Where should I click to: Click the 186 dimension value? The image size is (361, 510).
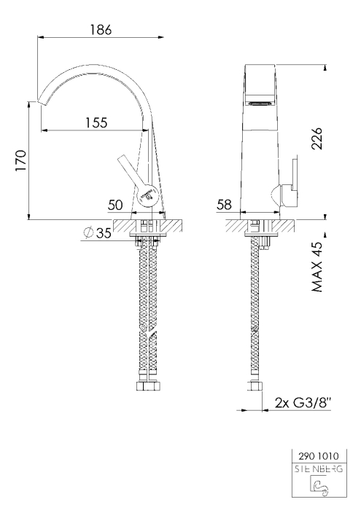click(101, 30)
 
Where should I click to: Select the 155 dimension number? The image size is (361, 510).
click(96, 122)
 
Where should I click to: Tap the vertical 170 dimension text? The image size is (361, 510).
click(21, 160)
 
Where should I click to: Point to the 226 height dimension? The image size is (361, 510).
click(317, 138)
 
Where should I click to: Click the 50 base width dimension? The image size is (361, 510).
click(115, 205)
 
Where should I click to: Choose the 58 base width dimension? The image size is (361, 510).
click(224, 205)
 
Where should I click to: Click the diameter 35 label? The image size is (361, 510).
click(98, 233)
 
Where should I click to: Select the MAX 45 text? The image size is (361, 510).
click(317, 267)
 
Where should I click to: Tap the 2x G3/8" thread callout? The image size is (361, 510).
click(303, 403)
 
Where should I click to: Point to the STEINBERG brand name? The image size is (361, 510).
click(319, 469)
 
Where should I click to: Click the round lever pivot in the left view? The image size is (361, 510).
click(147, 195)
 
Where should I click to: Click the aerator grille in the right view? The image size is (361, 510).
click(260, 103)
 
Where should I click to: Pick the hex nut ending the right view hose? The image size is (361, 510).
click(255, 386)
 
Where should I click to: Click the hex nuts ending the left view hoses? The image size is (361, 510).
click(149, 386)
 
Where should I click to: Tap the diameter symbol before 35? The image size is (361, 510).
click(88, 232)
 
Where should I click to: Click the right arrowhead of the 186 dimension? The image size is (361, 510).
click(160, 37)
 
